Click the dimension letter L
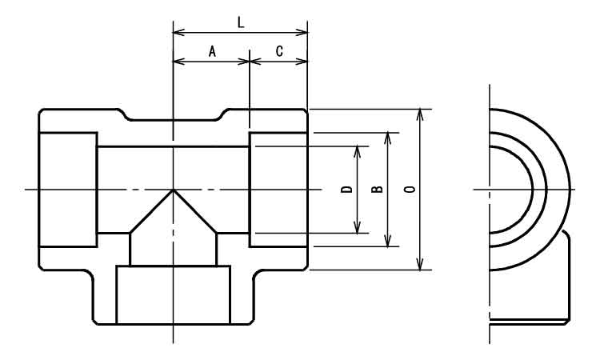click(x=240, y=23)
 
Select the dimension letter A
click(x=212, y=51)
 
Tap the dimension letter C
click(x=279, y=51)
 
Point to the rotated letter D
click(x=346, y=189)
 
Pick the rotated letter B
click(x=378, y=189)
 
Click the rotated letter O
click(x=410, y=189)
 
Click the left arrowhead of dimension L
click(x=179, y=32)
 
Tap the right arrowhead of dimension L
click(x=302, y=32)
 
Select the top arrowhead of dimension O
click(x=420, y=115)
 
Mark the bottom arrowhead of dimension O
click(x=420, y=264)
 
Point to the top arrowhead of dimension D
click(x=357, y=152)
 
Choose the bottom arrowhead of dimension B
click(x=388, y=241)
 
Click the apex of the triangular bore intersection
click(x=174, y=190)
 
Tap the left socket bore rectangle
click(x=68, y=190)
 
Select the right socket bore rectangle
click(x=278, y=190)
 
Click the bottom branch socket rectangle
click(x=174, y=295)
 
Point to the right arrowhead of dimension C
click(x=302, y=62)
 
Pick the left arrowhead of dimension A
click(x=179, y=62)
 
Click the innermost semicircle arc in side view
click(x=533, y=190)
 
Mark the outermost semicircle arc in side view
click(x=570, y=190)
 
